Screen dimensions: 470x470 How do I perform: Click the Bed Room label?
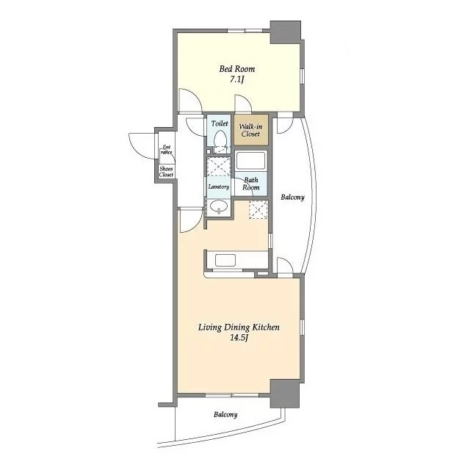point(236,69)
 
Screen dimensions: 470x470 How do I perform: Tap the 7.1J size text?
point(236,80)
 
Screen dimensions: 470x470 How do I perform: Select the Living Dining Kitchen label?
point(239,327)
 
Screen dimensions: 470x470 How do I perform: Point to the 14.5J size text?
point(239,338)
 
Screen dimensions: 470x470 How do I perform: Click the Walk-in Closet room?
point(251,130)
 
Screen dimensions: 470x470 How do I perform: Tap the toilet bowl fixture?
point(220,140)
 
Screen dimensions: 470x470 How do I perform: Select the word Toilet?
point(220,123)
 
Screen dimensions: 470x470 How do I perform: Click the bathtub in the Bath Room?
point(250,160)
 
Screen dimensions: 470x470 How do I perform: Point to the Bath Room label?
point(251,184)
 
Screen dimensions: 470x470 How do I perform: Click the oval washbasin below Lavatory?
point(219,206)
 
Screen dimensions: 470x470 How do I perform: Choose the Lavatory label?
point(219,187)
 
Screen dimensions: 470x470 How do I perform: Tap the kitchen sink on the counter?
point(225,260)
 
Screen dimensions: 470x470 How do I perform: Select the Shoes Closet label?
point(166,172)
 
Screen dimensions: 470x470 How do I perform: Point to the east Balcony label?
point(292,198)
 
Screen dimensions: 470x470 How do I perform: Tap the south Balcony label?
point(225,414)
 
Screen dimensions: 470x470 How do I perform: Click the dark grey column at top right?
point(286,32)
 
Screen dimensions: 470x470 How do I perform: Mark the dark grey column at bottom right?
point(285,394)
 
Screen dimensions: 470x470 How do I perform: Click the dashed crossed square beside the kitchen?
point(258,209)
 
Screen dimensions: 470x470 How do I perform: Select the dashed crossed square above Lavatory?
point(219,166)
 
